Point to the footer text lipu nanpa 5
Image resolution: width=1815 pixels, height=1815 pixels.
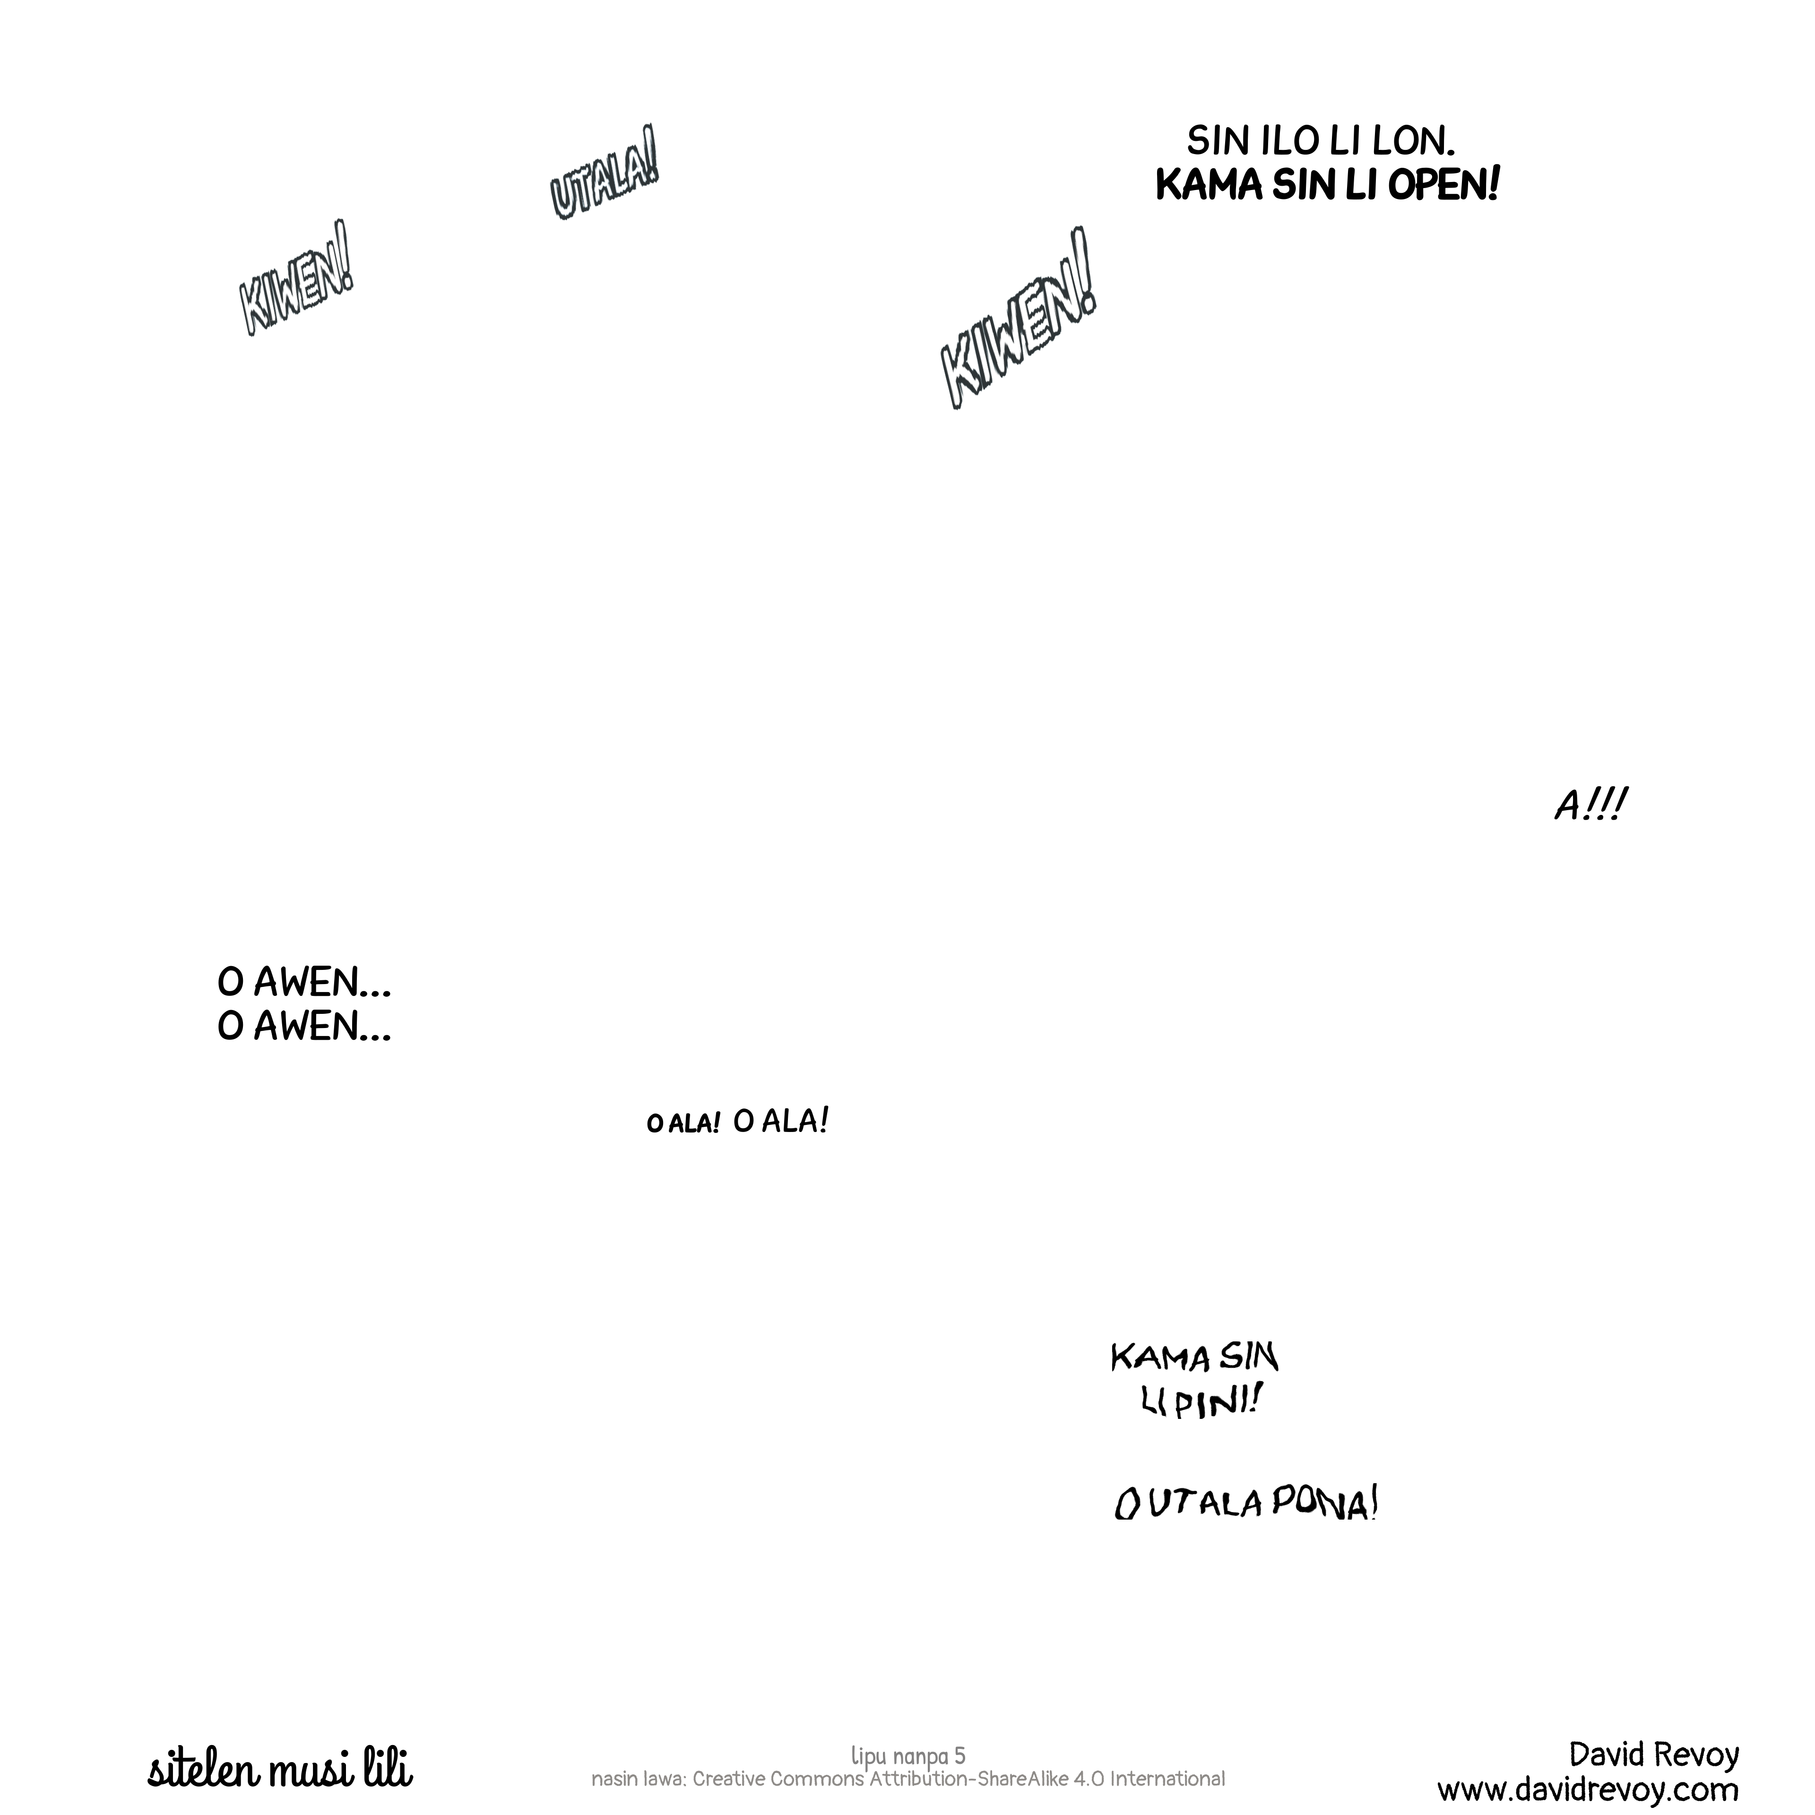tap(907, 1755)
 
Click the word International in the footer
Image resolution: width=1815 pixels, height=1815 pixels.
tap(1167, 1778)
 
